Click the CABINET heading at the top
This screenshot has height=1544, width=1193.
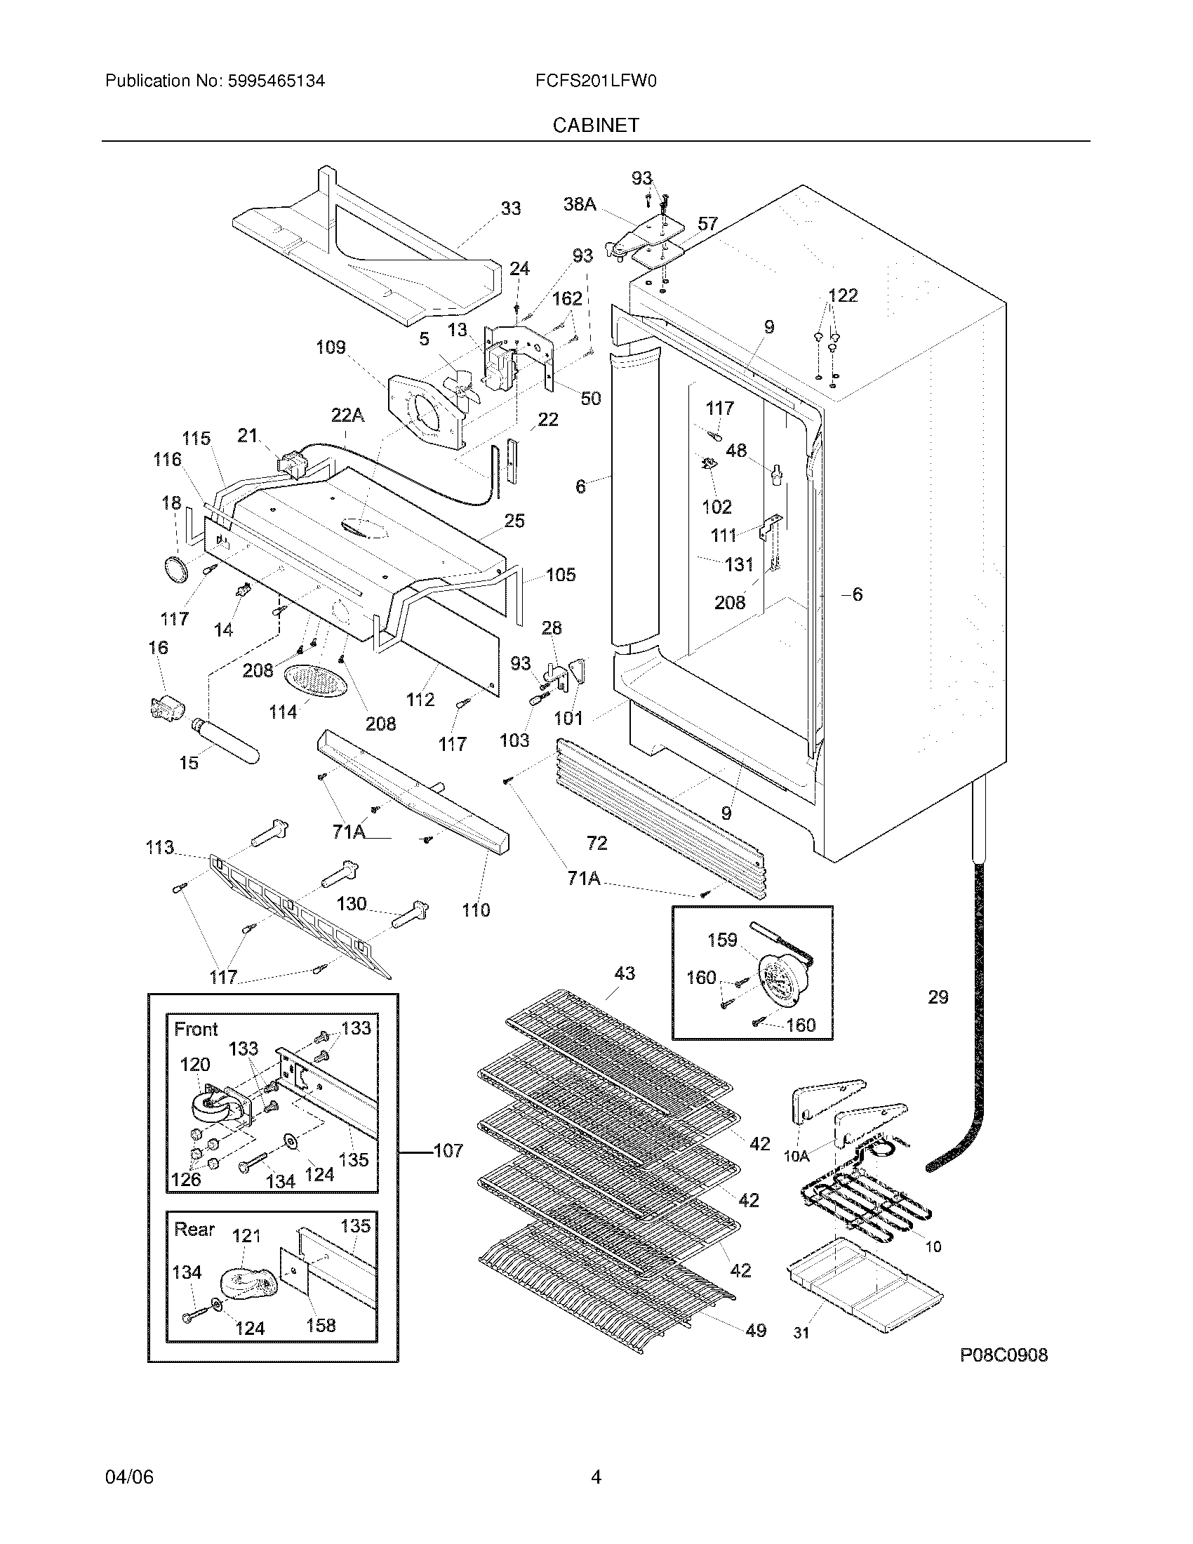tap(595, 125)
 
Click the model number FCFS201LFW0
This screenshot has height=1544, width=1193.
tap(596, 81)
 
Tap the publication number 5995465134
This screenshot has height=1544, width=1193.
tap(276, 81)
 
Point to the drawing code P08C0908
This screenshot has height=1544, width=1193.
tap(1004, 1355)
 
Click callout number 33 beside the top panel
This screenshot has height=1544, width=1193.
tap(510, 208)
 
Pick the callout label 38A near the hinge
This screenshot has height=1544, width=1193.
tap(580, 204)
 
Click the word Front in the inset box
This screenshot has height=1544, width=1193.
tap(196, 1030)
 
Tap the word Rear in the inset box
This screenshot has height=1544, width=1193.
tap(194, 1230)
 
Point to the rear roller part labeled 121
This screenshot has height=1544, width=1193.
tap(244, 1283)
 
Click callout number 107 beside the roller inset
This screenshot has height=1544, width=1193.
tap(448, 1151)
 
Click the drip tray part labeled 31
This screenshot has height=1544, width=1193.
tap(864, 1282)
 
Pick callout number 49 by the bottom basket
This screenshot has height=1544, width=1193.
tap(756, 1331)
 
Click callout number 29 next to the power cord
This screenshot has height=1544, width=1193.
tap(938, 997)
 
